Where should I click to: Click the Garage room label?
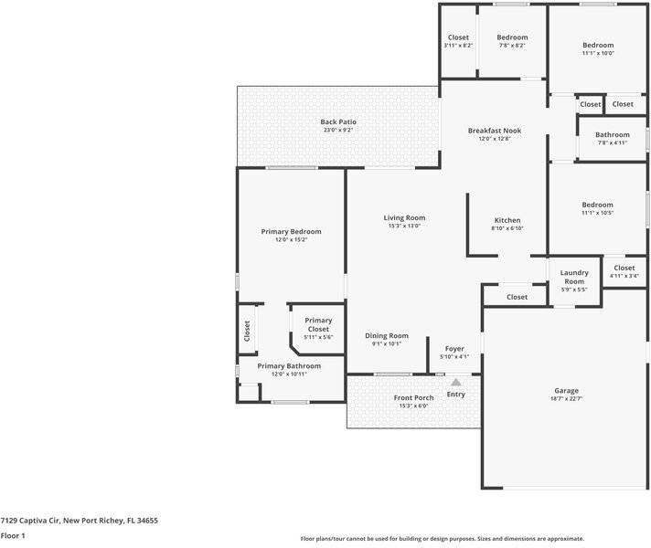[x=566, y=391]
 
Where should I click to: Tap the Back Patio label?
[x=338, y=121]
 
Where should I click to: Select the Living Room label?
[x=404, y=217]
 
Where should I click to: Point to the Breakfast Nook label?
[x=494, y=131]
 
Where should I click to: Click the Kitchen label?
[x=507, y=220]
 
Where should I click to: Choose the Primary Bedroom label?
[x=291, y=231]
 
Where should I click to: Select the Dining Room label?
[x=387, y=335]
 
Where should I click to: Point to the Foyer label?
[x=454, y=348]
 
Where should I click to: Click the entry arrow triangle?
[x=455, y=382]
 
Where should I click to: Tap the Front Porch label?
[x=414, y=397]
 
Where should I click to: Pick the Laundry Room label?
[x=574, y=277]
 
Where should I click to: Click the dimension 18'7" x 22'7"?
[x=566, y=399]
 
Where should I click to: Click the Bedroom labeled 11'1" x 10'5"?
[x=598, y=205]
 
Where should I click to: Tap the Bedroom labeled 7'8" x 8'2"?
[x=512, y=37]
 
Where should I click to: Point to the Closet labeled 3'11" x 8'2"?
[x=458, y=37]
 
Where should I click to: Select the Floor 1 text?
[x=13, y=535]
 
